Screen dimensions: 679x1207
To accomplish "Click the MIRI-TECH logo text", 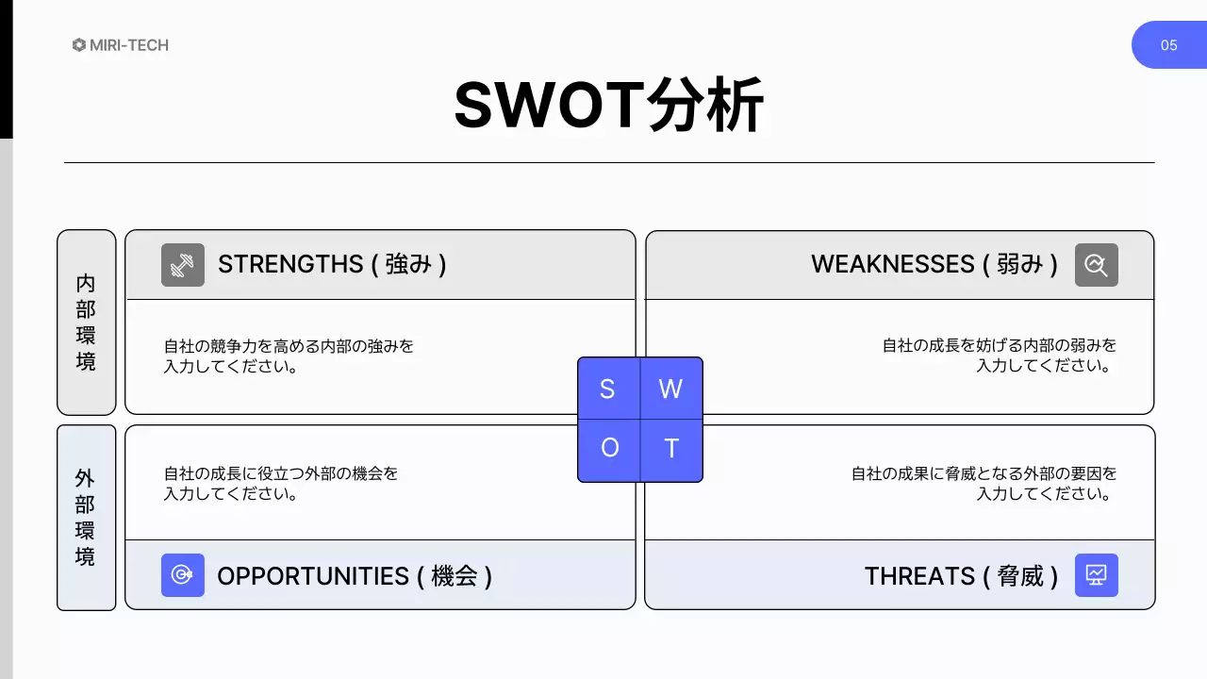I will tap(129, 45).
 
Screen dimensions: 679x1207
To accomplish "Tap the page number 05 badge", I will tap(1168, 45).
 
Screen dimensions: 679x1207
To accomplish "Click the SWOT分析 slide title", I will tap(608, 106).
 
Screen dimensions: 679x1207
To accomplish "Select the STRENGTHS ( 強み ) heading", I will tap(332, 264).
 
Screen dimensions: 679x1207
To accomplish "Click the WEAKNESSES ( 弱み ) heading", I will tap(934, 264).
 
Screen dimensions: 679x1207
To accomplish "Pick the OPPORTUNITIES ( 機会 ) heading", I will tap(355, 576).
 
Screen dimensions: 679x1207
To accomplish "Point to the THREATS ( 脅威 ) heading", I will tap(961, 576).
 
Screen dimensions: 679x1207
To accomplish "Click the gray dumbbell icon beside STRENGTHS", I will tap(183, 265).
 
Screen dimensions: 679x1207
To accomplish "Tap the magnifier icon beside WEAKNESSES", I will tap(1096, 265).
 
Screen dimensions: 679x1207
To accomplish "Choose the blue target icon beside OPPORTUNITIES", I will tap(183, 575).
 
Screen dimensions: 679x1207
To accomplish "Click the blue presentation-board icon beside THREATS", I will tap(1096, 575).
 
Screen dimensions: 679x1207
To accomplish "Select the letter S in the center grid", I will tap(607, 389).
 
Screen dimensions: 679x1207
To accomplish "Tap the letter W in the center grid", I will tap(670, 389).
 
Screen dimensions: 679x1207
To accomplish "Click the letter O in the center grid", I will tap(609, 448).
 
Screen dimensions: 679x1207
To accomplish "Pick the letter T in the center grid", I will tap(671, 448).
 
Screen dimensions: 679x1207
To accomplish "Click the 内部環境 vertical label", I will tap(86, 323).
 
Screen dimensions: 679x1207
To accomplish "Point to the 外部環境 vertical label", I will tap(86, 518).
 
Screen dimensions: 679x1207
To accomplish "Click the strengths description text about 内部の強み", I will tap(289, 356).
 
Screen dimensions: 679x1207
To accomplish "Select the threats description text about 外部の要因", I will tap(984, 483).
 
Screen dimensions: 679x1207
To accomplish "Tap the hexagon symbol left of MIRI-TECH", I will tap(79, 45).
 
